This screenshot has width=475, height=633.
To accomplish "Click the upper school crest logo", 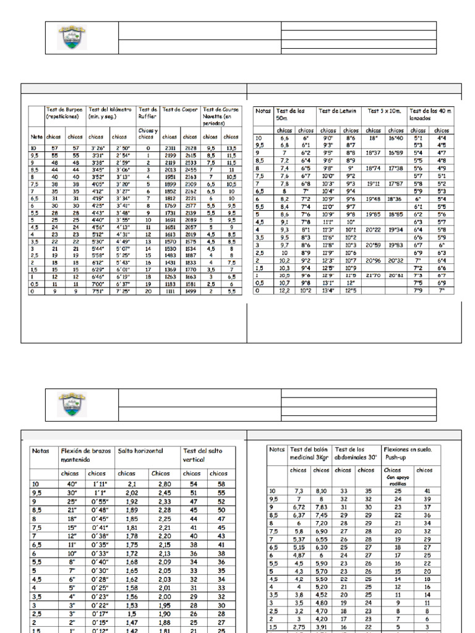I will click(72, 38).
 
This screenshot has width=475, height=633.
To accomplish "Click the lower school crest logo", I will click(72, 405).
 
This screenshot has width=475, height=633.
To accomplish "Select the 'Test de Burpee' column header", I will click(64, 113).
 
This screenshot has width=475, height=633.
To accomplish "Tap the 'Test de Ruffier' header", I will click(148, 113).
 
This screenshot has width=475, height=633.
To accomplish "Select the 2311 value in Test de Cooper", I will click(169, 148).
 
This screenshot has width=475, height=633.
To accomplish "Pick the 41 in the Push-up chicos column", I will click(427, 490).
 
